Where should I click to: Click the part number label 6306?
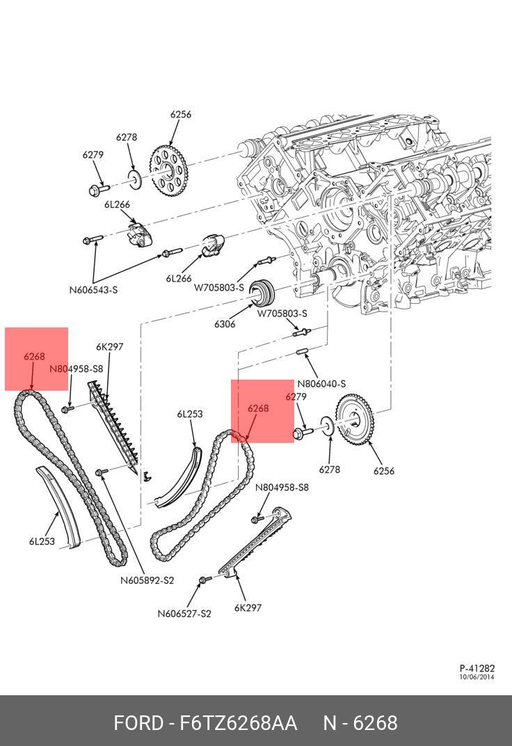pos(225,324)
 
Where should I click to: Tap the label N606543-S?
pos(93,290)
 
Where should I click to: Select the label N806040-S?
pos(321,384)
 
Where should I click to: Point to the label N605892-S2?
pos(147,581)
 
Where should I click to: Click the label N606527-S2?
pos(184,613)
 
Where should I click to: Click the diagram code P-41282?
pos(477,668)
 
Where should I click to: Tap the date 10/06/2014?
pos(477,677)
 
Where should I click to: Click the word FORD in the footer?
pos(138,723)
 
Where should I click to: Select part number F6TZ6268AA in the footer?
pos(239,723)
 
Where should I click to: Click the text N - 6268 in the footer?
pos(360,723)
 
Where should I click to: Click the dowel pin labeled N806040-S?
pos(303,351)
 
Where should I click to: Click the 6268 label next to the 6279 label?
pos(258,409)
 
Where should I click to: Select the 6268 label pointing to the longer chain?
pos(34,357)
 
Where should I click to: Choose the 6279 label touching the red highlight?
pos(296,397)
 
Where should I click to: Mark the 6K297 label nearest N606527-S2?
pos(248,608)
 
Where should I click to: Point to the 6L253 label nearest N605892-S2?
pos(42,541)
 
